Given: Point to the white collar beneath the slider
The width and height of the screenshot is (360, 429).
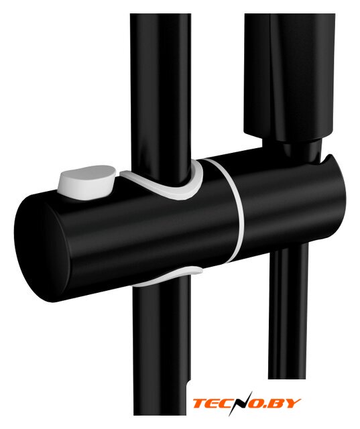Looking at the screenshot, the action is pyautogui.click(x=167, y=275).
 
